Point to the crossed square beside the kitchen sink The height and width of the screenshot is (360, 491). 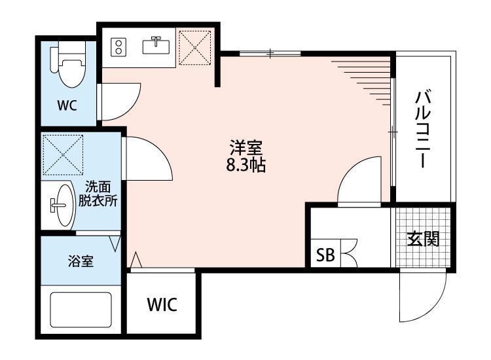(194, 46)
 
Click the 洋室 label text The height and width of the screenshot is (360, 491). (245, 147)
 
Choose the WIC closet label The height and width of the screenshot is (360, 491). (161, 304)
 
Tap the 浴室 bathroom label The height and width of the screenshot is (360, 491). (80, 261)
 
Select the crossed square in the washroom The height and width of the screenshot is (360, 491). (63, 154)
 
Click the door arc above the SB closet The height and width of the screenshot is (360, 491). (359, 183)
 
